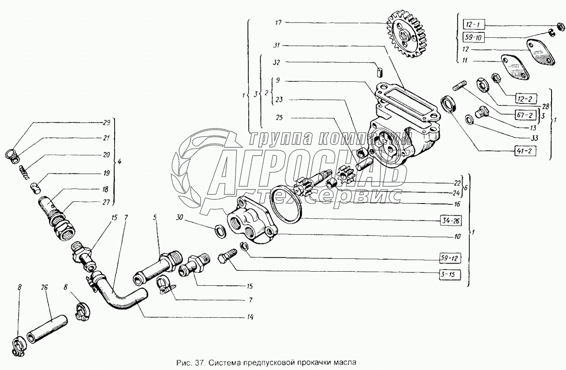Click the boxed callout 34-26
(451, 221)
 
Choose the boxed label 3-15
(450, 275)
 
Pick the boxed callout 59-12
(450, 258)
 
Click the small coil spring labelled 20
(24, 172)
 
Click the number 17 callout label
(278, 23)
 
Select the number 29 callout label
(106, 123)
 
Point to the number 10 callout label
(457, 236)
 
